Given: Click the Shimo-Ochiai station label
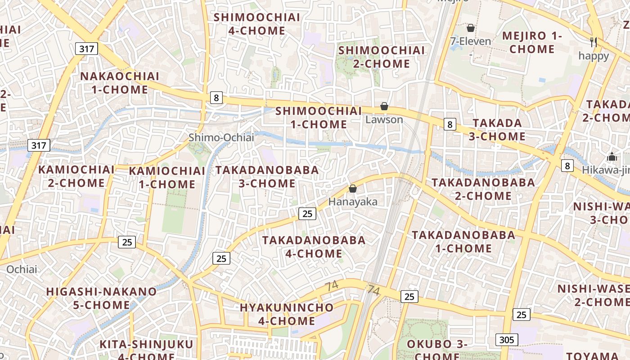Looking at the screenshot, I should pyautogui.click(x=221, y=138).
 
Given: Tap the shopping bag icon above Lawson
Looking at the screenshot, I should pyautogui.click(x=384, y=107).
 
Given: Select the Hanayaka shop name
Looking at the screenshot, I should pyautogui.click(x=353, y=202).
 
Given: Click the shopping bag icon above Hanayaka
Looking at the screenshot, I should pyautogui.click(x=353, y=189).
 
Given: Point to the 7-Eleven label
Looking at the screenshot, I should pyautogui.click(x=471, y=41).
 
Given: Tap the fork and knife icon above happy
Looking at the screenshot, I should pyautogui.click(x=594, y=42).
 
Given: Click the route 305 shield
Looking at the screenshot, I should pyautogui.click(x=507, y=340).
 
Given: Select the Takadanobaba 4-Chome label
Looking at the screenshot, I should pyautogui.click(x=314, y=247).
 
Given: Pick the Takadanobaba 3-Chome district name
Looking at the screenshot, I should pyautogui.click(x=267, y=177).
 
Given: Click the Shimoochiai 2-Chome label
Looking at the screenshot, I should pyautogui.click(x=382, y=57).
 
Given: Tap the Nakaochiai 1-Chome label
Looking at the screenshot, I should pyautogui.click(x=120, y=83).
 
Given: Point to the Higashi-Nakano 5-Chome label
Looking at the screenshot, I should pyautogui.click(x=101, y=298).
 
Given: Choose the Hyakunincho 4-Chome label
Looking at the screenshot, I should pyautogui.click(x=287, y=314).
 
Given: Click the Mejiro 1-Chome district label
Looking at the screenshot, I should pyautogui.click(x=532, y=42).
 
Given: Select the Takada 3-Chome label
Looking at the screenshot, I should pyautogui.click(x=497, y=130).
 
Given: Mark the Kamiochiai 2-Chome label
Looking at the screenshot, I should pyautogui.click(x=76, y=176).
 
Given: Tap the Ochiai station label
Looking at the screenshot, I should pyautogui.click(x=22, y=270).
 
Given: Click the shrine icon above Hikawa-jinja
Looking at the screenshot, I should pyautogui.click(x=612, y=157).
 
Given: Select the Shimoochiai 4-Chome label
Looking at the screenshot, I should pyautogui.click(x=256, y=24).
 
